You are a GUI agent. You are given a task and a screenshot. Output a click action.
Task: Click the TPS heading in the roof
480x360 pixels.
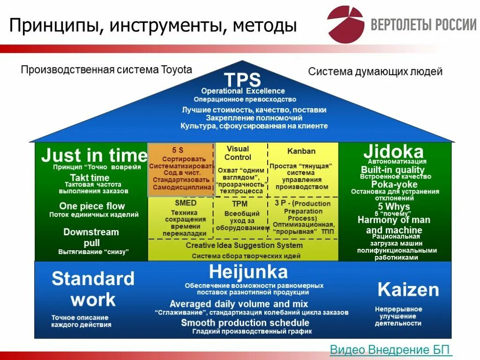tap(242, 79)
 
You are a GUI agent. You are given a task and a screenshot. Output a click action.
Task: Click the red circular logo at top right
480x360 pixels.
tap(345, 23)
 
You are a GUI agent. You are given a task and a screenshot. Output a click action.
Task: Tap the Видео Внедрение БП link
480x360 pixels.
tap(391, 350)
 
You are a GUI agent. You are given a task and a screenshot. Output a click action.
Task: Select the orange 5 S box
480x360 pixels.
tap(181, 169)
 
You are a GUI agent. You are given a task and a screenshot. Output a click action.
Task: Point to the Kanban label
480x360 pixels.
tap(301, 151)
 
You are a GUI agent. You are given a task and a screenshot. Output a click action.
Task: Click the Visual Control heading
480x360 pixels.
tap(238, 153)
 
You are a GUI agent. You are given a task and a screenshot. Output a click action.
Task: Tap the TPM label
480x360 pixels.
tap(240, 204)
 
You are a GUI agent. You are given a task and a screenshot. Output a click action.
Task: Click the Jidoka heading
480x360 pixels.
tap(393, 151)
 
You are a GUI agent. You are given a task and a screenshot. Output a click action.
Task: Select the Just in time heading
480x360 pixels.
tap(94, 155)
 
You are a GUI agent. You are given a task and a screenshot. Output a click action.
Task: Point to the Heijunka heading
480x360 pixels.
tap(248, 272)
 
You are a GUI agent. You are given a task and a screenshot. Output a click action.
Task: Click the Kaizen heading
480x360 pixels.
tap(408, 290)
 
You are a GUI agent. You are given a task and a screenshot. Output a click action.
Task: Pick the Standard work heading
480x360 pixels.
tap(93, 289)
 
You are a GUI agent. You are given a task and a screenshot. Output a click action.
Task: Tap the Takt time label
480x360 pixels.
tap(90, 178)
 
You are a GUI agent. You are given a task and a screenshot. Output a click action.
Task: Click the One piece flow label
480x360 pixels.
tap(92, 206)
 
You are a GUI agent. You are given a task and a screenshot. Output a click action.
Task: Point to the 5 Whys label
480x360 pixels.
tap(394, 206)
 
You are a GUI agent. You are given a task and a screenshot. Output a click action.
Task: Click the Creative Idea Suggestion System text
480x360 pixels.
tap(244, 245)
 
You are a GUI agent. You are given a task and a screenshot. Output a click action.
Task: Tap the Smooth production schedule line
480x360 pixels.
tap(245, 322)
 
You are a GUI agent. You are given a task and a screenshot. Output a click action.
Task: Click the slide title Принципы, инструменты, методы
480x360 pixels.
tap(153, 25)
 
